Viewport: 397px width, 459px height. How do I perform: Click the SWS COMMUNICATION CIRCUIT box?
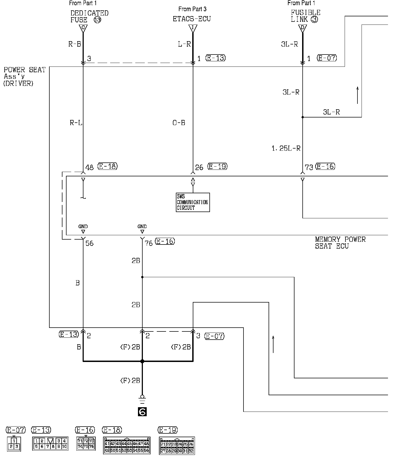coord(193,202)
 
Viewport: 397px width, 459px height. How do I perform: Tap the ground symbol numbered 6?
coord(142,412)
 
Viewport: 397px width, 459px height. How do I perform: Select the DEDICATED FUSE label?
coord(89,16)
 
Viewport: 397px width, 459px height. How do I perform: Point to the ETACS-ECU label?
coord(192,19)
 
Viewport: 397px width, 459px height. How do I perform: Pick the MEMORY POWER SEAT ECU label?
coord(340,243)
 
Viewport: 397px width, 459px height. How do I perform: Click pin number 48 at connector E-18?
coord(89,167)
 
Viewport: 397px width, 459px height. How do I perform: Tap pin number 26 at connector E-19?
coord(199,167)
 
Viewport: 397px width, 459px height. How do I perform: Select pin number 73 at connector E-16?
coord(309,167)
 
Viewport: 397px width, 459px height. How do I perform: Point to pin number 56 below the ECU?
coord(89,243)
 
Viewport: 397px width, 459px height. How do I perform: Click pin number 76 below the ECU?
coord(149,243)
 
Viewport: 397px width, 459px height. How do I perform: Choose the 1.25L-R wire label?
coord(286,148)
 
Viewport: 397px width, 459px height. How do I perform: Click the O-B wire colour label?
coord(179,123)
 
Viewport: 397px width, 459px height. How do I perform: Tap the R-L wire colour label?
coord(76,123)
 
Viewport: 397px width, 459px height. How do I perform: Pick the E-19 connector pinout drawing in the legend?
coord(177,445)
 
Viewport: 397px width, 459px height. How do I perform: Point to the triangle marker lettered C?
coord(83,28)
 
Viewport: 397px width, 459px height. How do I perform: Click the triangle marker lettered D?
coord(302,28)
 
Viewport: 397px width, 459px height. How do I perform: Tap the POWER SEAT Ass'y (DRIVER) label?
coord(24,77)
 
